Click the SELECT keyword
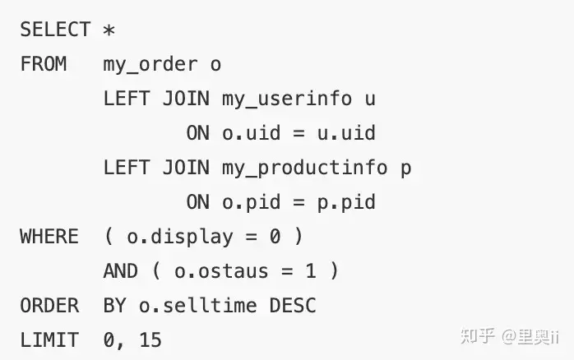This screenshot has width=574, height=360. (x=55, y=30)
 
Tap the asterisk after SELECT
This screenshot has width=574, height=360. (x=109, y=30)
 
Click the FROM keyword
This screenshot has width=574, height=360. (x=44, y=63)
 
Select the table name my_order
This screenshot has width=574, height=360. (x=150, y=65)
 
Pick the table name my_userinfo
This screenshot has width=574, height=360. (x=287, y=99)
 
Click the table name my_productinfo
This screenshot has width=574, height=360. (x=304, y=168)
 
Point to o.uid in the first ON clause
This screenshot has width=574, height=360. (x=252, y=132)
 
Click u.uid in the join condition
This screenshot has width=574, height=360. (x=346, y=132)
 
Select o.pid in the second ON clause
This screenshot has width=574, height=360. (x=252, y=203)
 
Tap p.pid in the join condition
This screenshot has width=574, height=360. (x=346, y=203)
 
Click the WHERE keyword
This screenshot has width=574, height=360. (x=49, y=237)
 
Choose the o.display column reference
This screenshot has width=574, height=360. (x=180, y=237)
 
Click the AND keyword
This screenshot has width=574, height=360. (x=120, y=271)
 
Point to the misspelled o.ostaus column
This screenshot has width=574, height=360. (x=221, y=271)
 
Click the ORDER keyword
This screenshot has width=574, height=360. (x=49, y=306)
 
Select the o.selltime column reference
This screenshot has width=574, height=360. (x=197, y=306)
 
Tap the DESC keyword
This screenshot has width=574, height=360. (x=293, y=306)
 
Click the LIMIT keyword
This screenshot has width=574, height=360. (x=49, y=340)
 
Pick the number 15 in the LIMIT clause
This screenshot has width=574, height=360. (x=150, y=340)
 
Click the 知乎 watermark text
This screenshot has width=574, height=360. (x=477, y=336)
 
